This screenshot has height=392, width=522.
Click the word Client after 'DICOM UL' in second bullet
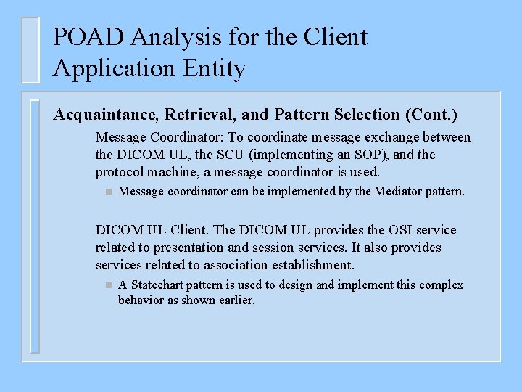click(x=191, y=230)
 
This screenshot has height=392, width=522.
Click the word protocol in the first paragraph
click(x=119, y=172)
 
